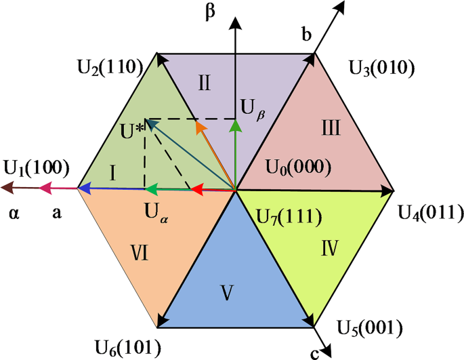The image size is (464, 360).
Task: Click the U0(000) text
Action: pos(297,167)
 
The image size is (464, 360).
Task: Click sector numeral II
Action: pos(206,83)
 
